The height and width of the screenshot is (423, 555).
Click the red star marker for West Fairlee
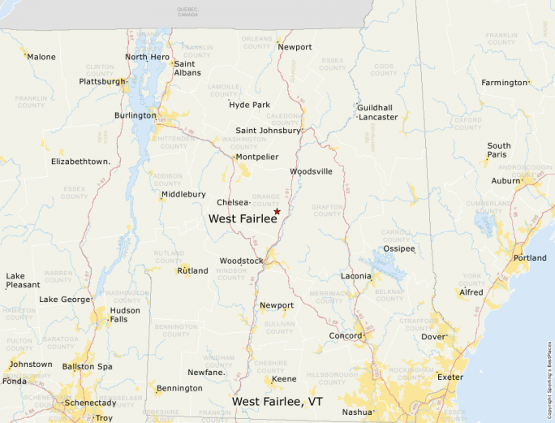[277, 211]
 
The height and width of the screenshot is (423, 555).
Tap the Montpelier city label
[257, 157]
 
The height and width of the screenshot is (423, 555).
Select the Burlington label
[135, 115]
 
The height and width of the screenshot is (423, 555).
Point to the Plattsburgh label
[102, 81]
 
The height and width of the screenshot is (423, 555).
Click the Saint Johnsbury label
[268, 130]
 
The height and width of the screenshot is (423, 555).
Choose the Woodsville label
[312, 171]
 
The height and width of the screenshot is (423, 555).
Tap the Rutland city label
[192, 270]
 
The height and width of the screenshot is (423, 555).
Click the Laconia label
[356, 276]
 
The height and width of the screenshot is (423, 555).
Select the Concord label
[345, 335]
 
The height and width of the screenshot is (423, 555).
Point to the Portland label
[530, 258]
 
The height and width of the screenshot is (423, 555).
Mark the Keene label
[284, 378]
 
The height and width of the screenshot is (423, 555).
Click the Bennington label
[179, 388]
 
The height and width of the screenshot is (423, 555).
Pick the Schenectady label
[91, 403]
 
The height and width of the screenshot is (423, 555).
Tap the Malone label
[41, 57]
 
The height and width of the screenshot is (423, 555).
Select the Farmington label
[504, 83]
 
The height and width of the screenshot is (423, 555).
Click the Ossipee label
[399, 248]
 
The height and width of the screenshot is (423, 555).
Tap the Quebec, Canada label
[187, 11]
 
